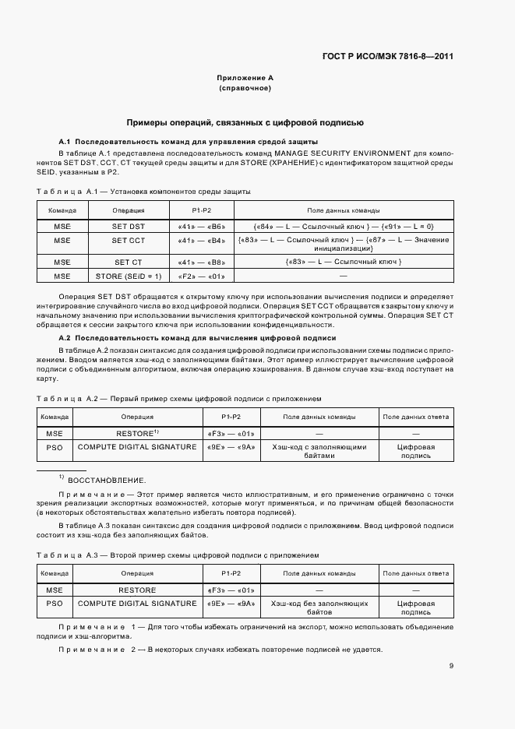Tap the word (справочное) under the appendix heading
pos(245,89)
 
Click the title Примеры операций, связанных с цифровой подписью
pos(245,123)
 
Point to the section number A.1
pos(65,142)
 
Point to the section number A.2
pos(65,339)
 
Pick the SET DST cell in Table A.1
pos(129,226)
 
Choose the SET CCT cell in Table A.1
pos(129,241)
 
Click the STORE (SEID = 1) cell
pos(129,276)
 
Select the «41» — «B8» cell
pos(202,262)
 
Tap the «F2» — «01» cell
pos(202,276)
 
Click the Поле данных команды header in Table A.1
pos(344,210)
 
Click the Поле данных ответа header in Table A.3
pos(414,573)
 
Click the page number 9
pos(451,666)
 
